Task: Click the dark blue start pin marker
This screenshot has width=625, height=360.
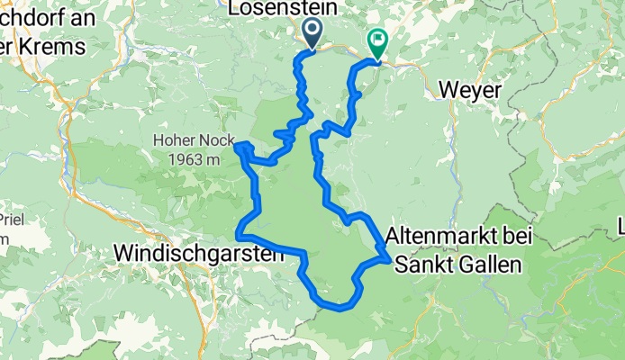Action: tap(312, 32)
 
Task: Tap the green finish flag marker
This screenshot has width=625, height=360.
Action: tap(376, 42)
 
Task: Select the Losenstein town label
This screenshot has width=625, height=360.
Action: tap(284, 8)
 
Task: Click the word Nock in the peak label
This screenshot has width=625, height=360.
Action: tap(215, 141)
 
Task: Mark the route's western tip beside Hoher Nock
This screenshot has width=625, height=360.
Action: tap(237, 145)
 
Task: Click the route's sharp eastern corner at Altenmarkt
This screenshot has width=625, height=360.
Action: tap(388, 259)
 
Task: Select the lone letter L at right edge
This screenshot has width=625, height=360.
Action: tap(620, 224)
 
